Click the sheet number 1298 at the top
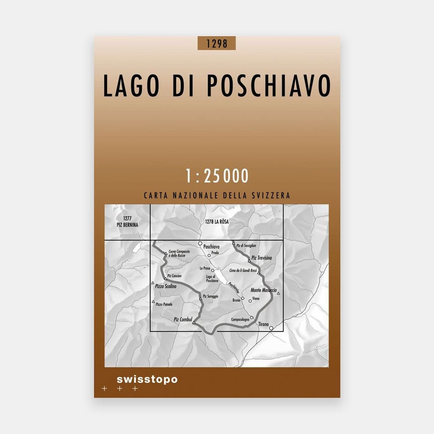[216, 43]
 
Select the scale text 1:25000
[217, 176]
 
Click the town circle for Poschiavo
[200, 243]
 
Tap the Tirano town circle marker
[271, 328]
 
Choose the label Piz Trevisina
[262, 258]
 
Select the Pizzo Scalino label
[166, 287]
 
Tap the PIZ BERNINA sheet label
[126, 225]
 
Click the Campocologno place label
[240, 320]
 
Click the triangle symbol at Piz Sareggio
[200, 299]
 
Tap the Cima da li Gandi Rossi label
[243, 270]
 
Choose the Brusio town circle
[243, 298]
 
